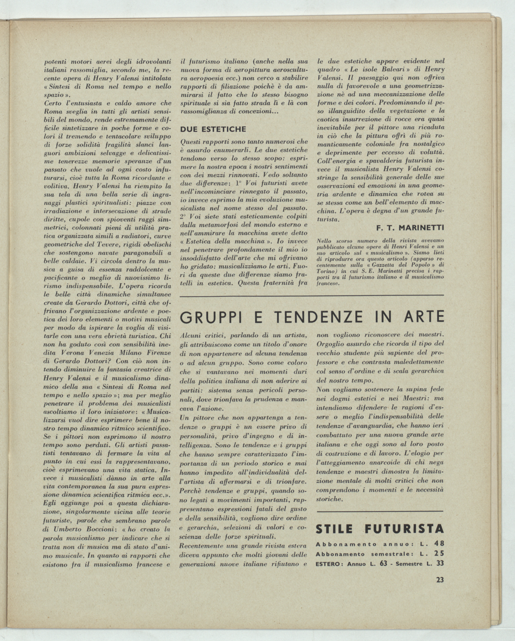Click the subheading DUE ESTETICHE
click(x=213, y=129)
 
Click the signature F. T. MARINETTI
click(x=410, y=228)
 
